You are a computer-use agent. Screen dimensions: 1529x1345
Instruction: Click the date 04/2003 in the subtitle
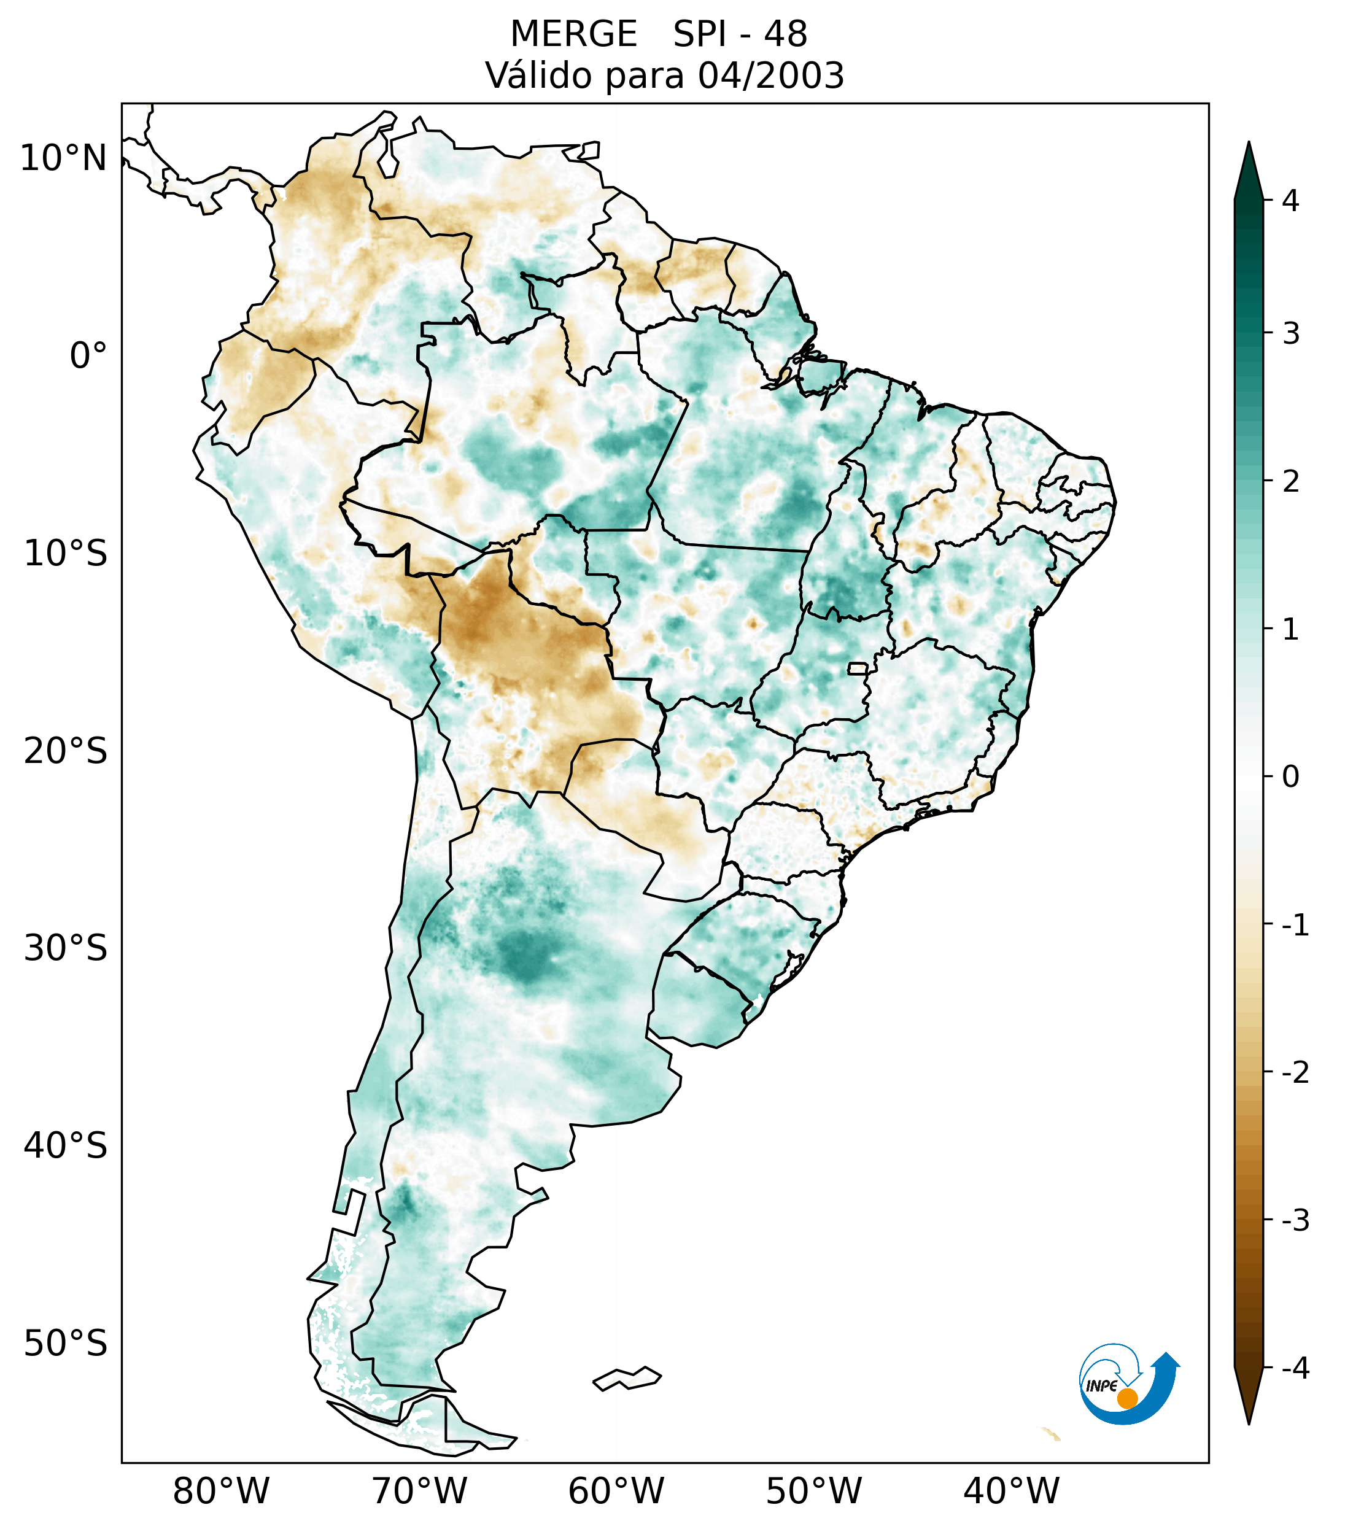(x=770, y=75)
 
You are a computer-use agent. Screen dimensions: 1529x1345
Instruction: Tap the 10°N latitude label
(x=64, y=158)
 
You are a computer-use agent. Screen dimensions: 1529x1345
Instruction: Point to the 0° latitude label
(x=88, y=356)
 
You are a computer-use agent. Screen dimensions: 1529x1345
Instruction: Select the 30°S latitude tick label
(x=66, y=948)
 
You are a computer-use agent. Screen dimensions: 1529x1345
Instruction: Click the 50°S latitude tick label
(x=66, y=1344)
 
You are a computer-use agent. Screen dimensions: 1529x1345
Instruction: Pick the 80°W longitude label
(x=222, y=1492)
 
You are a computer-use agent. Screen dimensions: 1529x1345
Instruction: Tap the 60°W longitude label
(x=616, y=1492)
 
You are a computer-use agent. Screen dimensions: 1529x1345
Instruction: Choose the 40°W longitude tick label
(x=1012, y=1492)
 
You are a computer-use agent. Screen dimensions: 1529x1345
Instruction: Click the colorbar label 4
(x=1290, y=201)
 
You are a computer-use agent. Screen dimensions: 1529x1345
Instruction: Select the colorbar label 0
(x=1290, y=777)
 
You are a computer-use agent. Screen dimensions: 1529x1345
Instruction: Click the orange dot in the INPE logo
(x=1127, y=1398)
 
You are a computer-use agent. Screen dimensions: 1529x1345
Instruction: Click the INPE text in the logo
(x=1101, y=1386)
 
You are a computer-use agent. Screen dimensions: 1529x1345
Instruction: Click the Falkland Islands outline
(x=627, y=1379)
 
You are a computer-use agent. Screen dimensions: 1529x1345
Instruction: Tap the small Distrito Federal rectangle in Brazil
(x=858, y=668)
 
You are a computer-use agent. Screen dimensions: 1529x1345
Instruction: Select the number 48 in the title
(x=786, y=34)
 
